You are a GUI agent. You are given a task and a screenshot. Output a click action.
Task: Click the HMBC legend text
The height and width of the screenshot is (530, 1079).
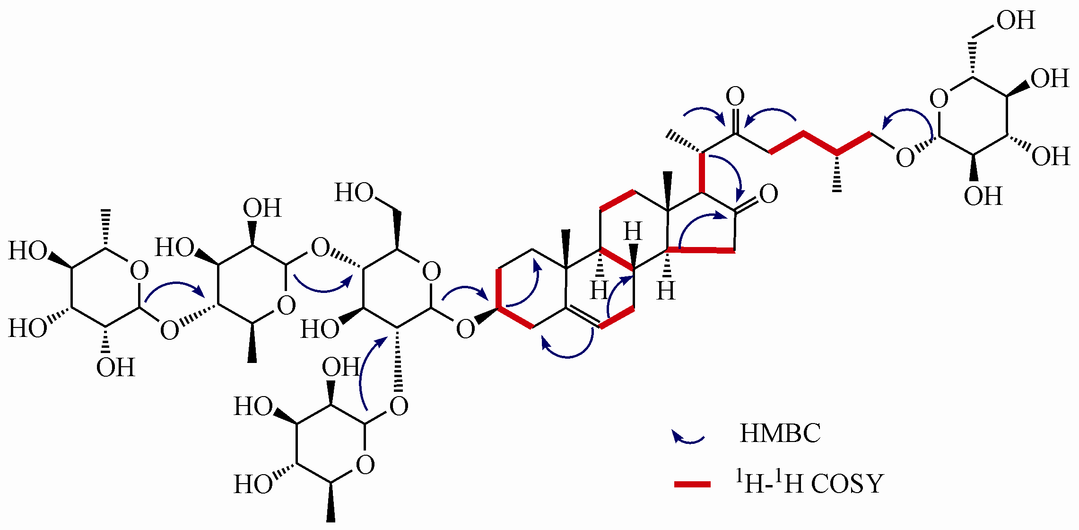tap(780, 433)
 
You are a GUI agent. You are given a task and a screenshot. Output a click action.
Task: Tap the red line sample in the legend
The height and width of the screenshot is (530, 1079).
tap(692, 484)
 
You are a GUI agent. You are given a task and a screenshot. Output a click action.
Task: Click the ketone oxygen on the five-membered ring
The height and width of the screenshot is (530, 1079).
tap(768, 194)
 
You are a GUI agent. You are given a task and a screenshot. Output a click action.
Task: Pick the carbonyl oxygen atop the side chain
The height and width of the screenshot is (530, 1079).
tap(735, 97)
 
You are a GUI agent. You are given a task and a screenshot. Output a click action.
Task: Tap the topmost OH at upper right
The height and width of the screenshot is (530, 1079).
tap(1016, 21)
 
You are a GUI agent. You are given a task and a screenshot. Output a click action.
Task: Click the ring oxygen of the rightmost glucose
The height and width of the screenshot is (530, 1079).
tap(939, 99)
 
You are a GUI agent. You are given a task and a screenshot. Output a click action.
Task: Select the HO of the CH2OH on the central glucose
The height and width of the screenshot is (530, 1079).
tap(354, 193)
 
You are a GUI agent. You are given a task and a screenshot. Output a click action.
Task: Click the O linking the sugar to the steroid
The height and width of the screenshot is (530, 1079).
tap(465, 329)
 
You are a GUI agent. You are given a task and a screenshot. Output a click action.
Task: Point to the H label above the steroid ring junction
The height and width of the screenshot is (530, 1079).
tap(633, 232)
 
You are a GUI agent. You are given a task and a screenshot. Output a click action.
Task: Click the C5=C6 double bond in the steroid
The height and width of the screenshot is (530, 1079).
tap(583, 317)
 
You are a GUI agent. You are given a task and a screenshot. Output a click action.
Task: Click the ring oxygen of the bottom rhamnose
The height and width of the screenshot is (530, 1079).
tap(365, 465)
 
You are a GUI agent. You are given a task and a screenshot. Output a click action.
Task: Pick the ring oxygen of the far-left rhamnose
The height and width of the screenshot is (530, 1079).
tap(139, 271)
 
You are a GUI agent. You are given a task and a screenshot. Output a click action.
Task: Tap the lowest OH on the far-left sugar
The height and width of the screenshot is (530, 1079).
tap(115, 367)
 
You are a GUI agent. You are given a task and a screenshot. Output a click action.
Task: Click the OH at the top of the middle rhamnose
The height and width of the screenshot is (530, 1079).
tap(262, 208)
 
